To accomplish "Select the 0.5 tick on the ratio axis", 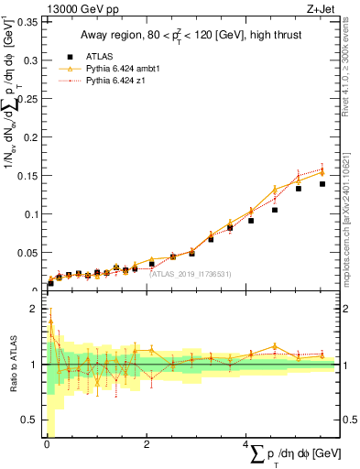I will (x=30, y=420).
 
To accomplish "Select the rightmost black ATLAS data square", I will (x=322, y=184).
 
